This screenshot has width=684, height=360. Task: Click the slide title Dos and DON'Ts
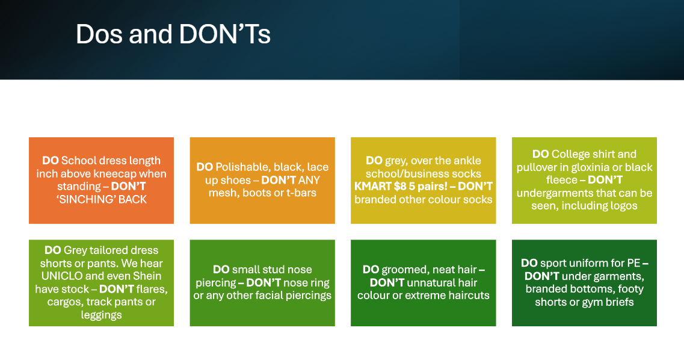173,34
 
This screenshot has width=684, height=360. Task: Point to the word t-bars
301,193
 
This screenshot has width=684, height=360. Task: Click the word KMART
372,187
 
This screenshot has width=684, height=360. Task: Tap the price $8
400,187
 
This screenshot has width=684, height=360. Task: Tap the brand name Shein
149,276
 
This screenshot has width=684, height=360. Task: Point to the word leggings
101,315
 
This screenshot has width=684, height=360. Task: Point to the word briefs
619,302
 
